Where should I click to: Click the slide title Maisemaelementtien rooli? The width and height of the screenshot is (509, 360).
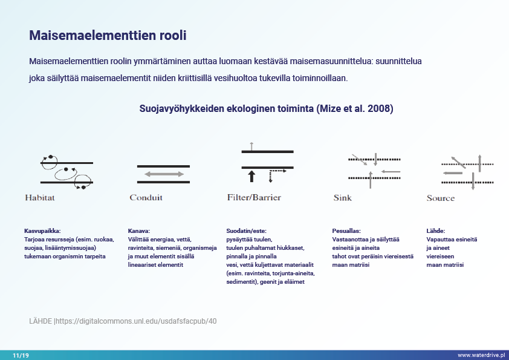(x=108, y=36)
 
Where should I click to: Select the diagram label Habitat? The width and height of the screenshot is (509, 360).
(x=40, y=197)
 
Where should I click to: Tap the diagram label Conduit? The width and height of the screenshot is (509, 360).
(x=146, y=197)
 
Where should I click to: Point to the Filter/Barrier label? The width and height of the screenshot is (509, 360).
(x=254, y=197)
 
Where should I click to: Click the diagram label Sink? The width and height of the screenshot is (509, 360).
(x=342, y=198)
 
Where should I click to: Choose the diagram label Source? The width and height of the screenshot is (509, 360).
(x=440, y=198)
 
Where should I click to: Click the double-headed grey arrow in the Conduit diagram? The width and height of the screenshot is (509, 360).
(x=163, y=174)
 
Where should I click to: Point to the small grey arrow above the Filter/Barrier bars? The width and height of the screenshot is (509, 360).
(x=251, y=145)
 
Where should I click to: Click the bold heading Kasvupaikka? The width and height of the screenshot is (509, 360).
(x=43, y=231)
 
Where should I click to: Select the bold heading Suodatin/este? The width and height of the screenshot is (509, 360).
(x=246, y=231)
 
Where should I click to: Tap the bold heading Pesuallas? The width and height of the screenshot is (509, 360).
(x=346, y=231)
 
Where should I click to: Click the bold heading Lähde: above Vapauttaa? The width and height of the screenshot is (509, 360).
(x=436, y=231)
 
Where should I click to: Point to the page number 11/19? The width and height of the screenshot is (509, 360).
(x=21, y=355)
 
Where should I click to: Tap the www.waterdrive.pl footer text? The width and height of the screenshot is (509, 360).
(x=481, y=355)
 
